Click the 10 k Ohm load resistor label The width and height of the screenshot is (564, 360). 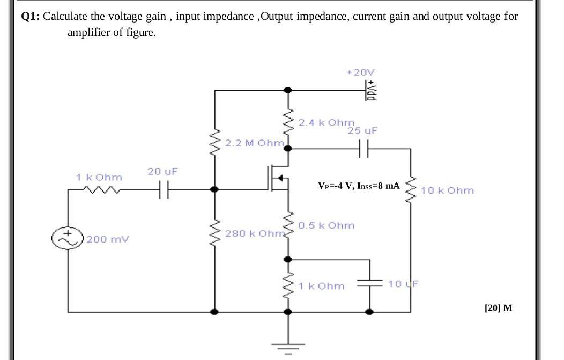click(x=447, y=190)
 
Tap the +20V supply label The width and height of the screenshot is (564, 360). click(x=361, y=71)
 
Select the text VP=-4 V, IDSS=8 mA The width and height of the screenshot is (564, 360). click(x=358, y=186)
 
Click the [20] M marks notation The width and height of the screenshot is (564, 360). click(x=498, y=308)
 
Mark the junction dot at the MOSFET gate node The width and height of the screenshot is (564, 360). click(x=215, y=189)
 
